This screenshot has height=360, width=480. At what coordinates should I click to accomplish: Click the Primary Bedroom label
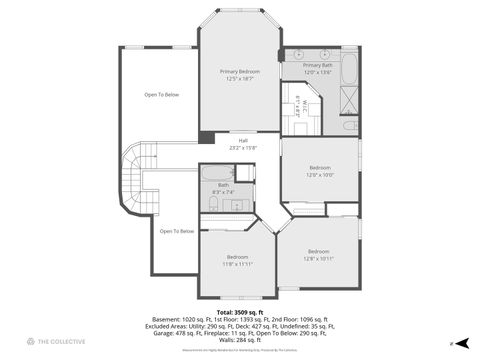point(241,75)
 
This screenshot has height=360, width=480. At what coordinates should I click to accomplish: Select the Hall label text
point(242,144)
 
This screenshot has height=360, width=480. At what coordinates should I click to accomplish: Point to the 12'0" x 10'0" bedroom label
point(319,171)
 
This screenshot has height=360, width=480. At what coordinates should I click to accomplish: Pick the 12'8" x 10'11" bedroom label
point(318,254)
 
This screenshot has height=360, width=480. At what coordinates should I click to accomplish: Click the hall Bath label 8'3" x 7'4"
point(224,187)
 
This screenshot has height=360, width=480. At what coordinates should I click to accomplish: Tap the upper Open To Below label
point(161,95)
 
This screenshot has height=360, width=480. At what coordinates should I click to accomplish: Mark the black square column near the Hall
point(205,137)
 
